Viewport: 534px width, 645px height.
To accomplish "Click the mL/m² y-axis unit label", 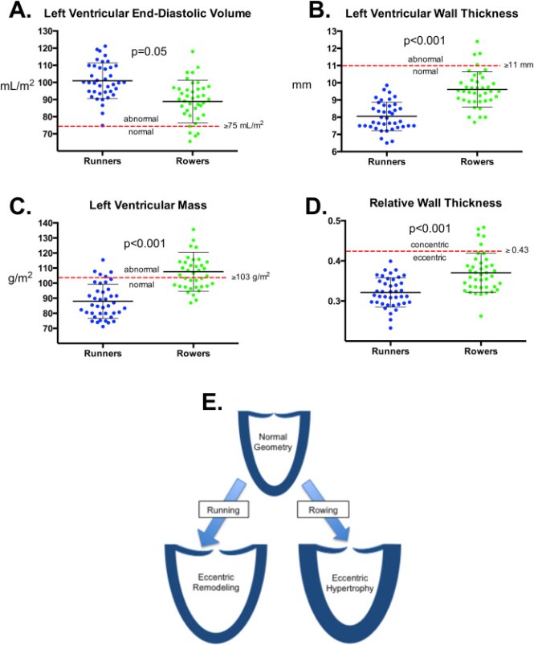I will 17,83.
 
